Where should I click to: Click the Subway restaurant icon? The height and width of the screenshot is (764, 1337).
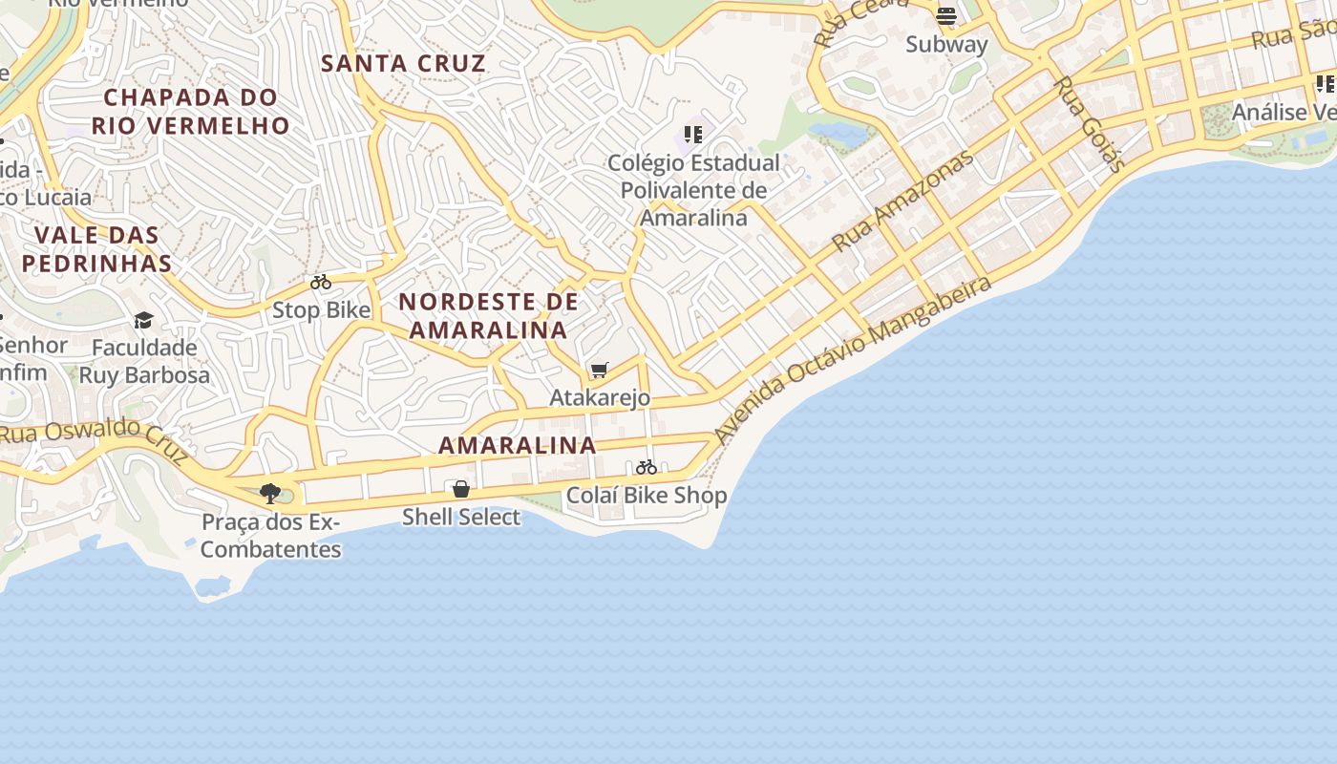coord(946,16)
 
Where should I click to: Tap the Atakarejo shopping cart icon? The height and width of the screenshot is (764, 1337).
coord(600,370)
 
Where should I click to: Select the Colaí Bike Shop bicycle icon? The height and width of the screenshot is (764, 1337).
coord(647,467)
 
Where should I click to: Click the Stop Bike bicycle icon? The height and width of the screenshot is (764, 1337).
coord(321,283)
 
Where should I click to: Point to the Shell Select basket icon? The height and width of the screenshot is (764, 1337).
coord(461,489)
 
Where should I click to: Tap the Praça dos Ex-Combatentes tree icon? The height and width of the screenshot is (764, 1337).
coord(270,494)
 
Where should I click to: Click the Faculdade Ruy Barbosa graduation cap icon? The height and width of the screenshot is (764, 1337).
coord(143,320)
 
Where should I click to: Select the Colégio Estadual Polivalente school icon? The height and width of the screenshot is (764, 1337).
coord(693,135)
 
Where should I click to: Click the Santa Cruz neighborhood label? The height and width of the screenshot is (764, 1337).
coord(403,64)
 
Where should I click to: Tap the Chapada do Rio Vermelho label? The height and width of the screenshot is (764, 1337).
coord(191,111)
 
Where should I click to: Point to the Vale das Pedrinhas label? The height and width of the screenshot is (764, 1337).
coord(96,249)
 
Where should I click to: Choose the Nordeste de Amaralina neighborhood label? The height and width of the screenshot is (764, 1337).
coord(488,316)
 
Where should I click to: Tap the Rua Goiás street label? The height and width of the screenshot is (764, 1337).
coord(1089,123)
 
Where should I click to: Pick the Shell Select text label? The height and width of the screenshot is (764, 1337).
coord(461,518)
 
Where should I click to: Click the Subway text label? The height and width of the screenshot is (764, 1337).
coord(946,44)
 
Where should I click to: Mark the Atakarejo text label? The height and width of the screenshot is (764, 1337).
coord(600,397)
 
